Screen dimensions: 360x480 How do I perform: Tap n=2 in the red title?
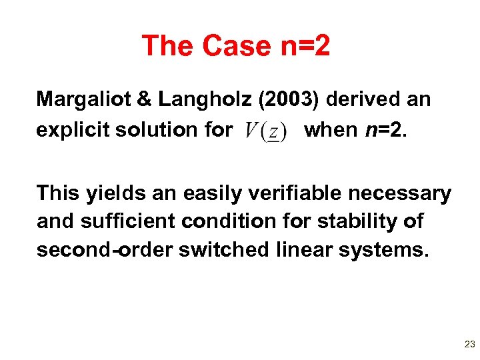coord(300,46)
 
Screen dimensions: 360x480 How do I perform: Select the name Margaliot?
coord(79,100)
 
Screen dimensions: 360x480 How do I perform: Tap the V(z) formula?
coord(265,130)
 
